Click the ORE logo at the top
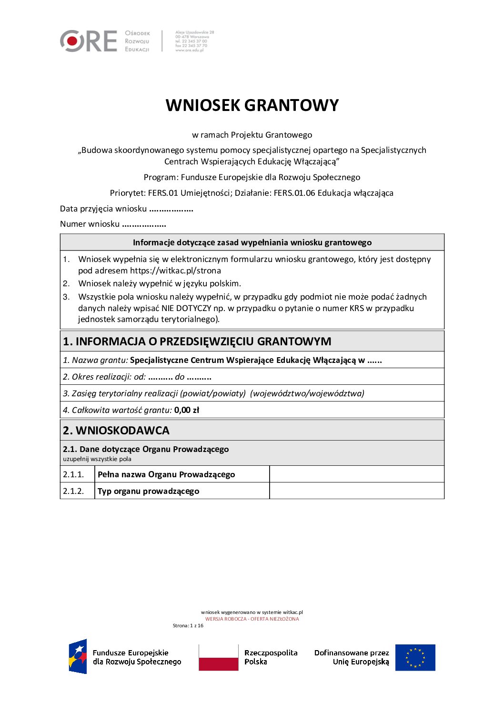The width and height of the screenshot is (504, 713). tap(89, 41)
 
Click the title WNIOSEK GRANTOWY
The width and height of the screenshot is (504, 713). tap(252, 105)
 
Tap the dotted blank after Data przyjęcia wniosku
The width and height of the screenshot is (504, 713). tap(171, 209)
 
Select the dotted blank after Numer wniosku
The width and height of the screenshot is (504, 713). tap(144, 224)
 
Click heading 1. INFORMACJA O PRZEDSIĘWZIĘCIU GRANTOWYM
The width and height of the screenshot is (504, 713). tap(197, 341)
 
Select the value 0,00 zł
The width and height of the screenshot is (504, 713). tap(187, 410)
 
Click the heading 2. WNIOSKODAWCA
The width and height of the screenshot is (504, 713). tap(116, 431)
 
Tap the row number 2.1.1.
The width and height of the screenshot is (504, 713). tap(73, 474)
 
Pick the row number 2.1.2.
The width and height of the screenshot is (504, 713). tap(74, 491)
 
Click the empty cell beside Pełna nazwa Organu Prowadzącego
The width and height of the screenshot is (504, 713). tap(356, 474)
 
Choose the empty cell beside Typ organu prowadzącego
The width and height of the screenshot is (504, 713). tap(356, 491)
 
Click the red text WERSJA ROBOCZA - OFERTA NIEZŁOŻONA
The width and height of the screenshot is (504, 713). tap(252, 619)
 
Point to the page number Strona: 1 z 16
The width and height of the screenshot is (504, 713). tap(188, 626)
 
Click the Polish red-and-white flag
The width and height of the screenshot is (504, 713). tap(218, 658)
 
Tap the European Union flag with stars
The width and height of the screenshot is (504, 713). tap(415, 658)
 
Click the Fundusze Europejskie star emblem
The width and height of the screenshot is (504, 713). tap(78, 657)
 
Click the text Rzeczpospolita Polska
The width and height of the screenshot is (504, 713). tap(271, 657)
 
